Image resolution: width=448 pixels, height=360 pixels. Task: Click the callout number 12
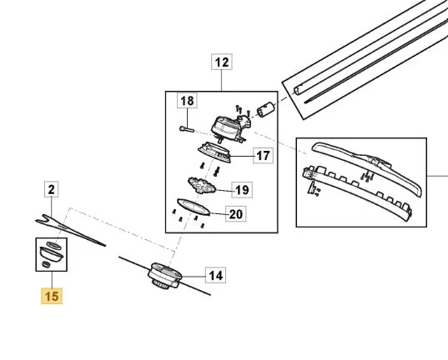(222, 62)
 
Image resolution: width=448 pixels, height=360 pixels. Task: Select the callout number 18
(187, 101)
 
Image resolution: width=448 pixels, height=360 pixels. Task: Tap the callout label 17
(263, 156)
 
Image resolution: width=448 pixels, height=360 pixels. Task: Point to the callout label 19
(242, 190)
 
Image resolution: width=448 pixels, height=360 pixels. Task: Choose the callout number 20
(236, 214)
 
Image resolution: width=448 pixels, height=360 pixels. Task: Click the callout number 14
(216, 275)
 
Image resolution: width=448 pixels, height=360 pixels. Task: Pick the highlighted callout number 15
(52, 296)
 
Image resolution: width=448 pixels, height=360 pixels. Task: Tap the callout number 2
(52, 189)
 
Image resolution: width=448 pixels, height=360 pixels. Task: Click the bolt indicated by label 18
(187, 129)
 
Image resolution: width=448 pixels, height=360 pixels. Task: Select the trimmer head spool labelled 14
(165, 275)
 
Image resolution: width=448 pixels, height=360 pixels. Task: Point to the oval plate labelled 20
(194, 207)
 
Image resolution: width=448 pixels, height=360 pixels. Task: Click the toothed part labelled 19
(201, 186)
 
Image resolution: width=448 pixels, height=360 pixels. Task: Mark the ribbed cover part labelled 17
(214, 152)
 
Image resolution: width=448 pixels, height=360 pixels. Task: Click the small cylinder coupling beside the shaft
(265, 110)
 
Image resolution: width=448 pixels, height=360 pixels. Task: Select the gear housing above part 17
(230, 128)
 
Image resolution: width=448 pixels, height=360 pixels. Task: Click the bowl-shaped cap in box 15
(51, 254)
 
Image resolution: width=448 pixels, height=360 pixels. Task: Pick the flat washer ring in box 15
(53, 246)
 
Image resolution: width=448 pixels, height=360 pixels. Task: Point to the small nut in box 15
(46, 264)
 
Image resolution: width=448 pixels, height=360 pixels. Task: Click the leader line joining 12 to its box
(222, 80)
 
